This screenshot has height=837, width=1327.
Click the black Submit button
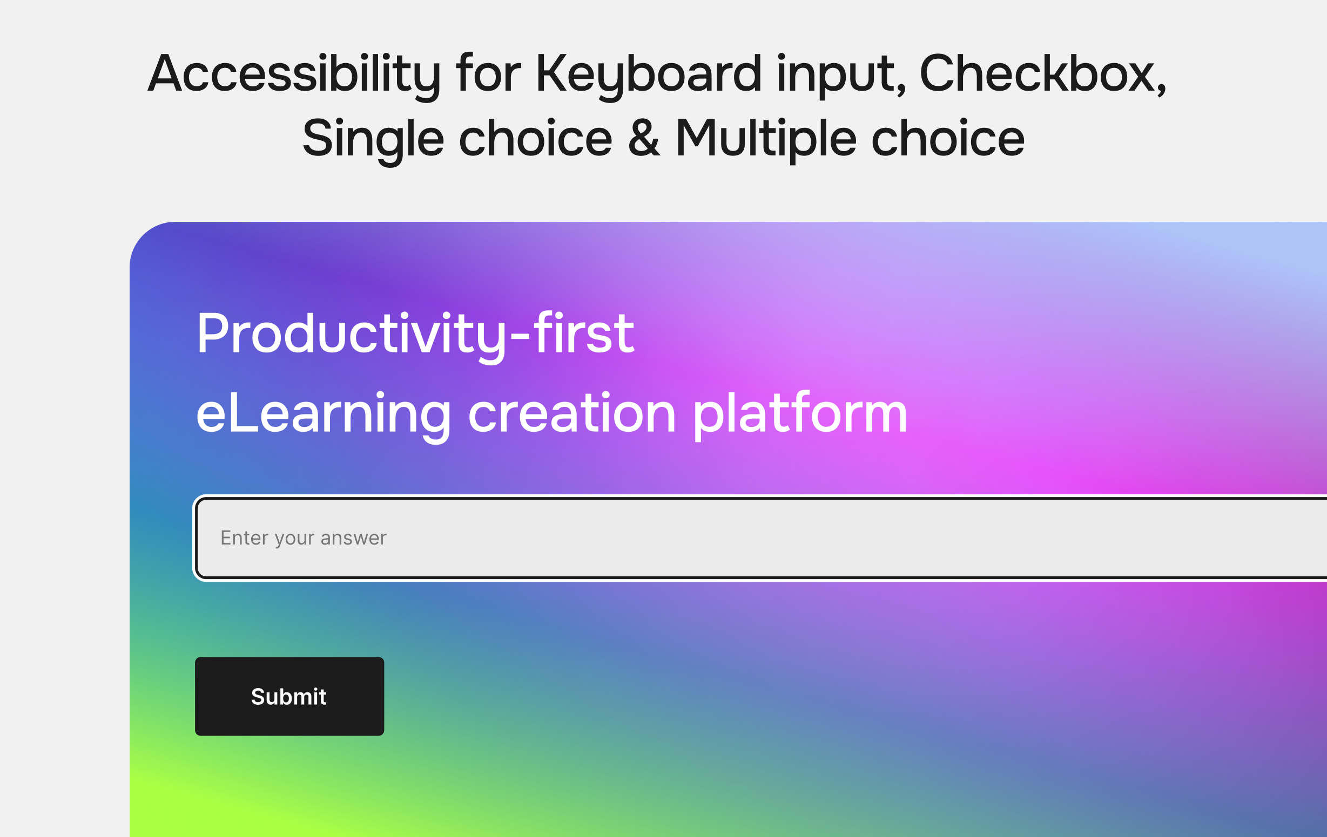[289, 696]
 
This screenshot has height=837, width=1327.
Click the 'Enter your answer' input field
[761, 538]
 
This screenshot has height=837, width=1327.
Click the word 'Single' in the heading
[373, 139]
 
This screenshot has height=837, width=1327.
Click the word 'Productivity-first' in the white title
[415, 335]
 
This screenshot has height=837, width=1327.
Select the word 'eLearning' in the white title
[324, 416]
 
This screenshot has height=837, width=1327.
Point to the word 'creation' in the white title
[571, 414]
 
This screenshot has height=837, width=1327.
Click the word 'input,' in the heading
[840, 76]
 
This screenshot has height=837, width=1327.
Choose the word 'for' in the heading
[488, 73]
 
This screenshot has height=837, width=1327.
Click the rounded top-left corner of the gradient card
[143, 236]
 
